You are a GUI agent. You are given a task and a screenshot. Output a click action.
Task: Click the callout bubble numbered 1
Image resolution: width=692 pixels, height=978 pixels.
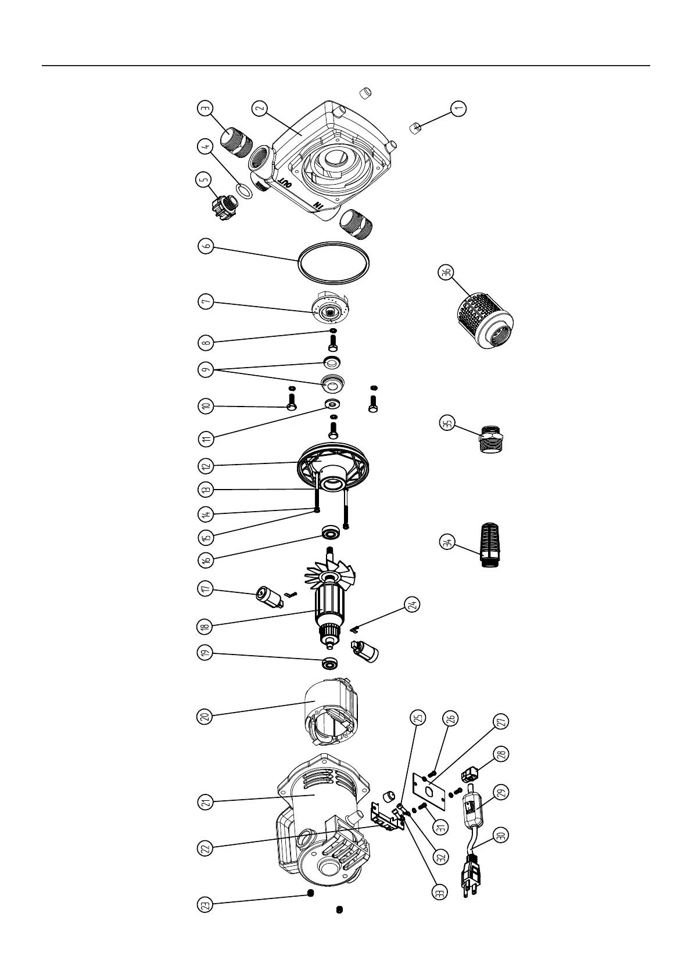pyautogui.click(x=458, y=109)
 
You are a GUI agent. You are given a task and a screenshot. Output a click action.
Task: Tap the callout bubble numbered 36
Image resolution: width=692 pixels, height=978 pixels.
pyautogui.click(x=446, y=273)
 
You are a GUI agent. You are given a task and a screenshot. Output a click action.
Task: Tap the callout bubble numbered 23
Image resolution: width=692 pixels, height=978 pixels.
pyautogui.click(x=205, y=904)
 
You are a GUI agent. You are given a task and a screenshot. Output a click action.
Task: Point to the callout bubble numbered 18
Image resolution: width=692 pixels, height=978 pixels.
pyautogui.click(x=205, y=627)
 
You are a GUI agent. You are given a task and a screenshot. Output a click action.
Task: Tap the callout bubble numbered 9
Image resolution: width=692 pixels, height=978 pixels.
pyautogui.click(x=205, y=370)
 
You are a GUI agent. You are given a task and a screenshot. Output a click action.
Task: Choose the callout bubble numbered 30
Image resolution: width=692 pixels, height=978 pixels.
pyautogui.click(x=501, y=835)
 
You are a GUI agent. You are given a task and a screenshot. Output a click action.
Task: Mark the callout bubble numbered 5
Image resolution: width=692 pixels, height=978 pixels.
pyautogui.click(x=205, y=180)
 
